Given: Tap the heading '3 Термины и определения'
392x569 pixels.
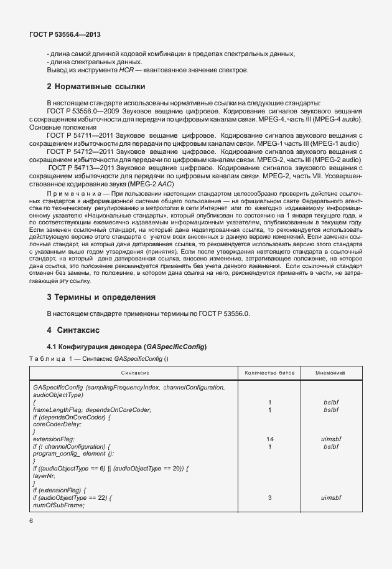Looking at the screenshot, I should coord(101,296).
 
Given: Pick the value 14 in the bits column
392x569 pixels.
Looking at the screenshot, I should coord(269,439).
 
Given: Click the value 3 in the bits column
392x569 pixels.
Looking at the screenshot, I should coord(269,498).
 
